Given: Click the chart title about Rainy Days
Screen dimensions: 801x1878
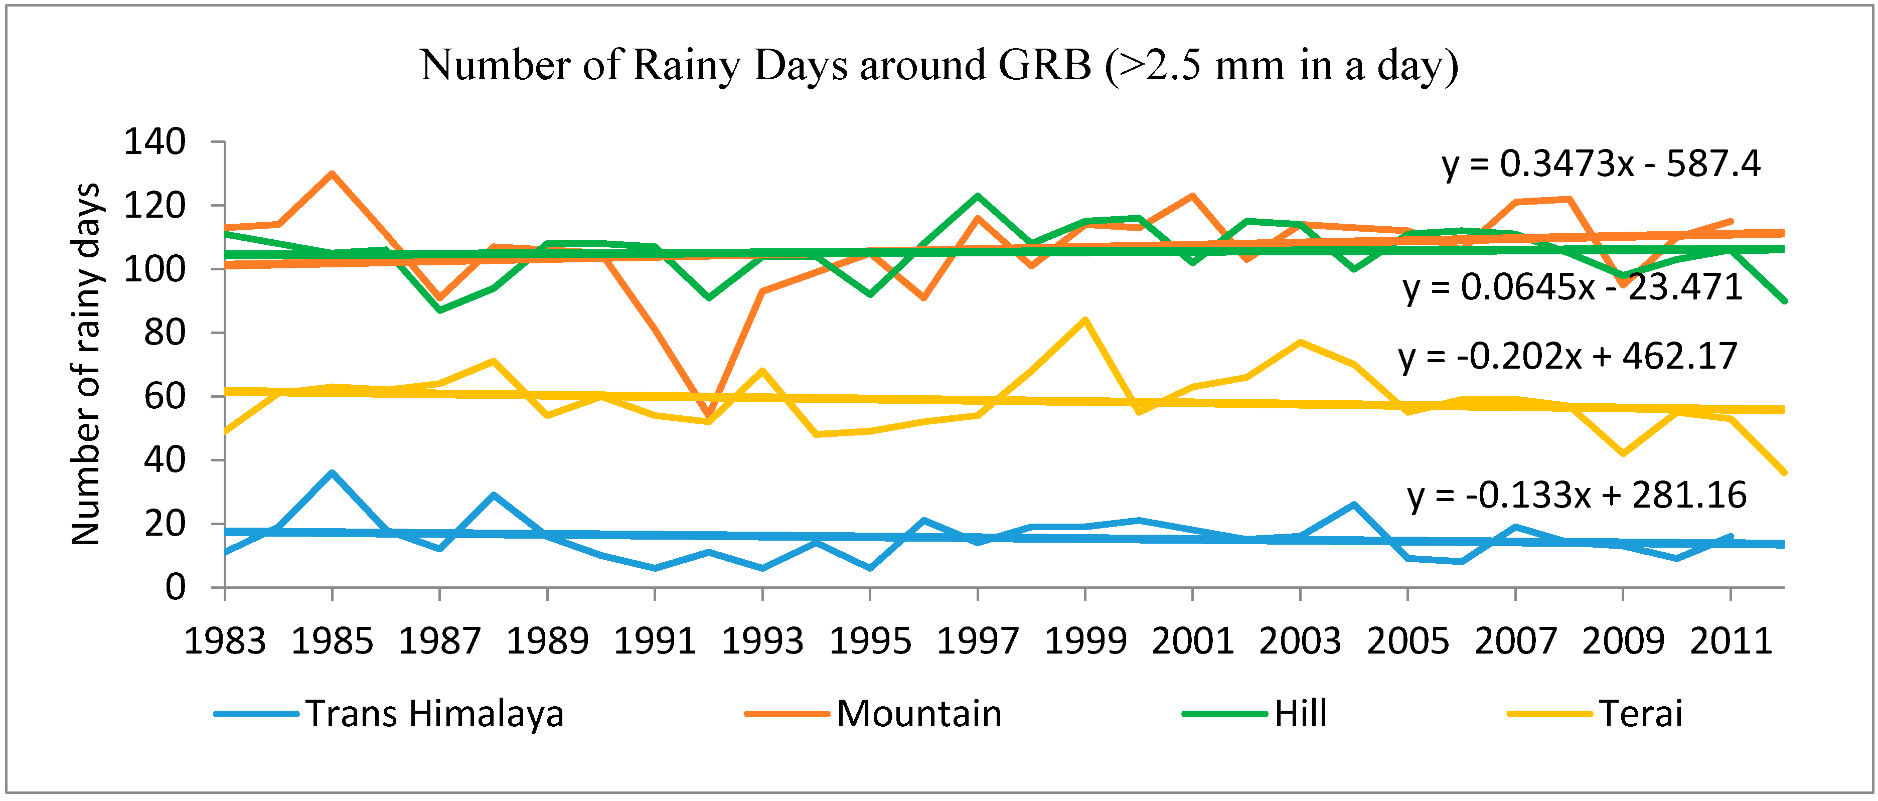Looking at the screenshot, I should pyautogui.click(x=939, y=66).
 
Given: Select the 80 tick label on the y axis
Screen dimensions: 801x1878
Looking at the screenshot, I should pyautogui.click(x=165, y=333).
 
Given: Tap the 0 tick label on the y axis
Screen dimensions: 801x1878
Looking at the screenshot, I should pyautogui.click(x=175, y=587).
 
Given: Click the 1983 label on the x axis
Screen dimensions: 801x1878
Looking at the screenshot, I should pyautogui.click(x=225, y=642).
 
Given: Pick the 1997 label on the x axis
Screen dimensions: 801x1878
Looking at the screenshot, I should pyautogui.click(x=978, y=642).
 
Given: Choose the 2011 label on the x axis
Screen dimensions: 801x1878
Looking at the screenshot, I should pyautogui.click(x=1731, y=642).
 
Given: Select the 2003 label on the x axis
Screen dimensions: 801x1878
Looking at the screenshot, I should pyautogui.click(x=1300, y=642).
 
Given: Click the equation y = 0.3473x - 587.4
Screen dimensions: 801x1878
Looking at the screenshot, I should pyautogui.click(x=1601, y=164).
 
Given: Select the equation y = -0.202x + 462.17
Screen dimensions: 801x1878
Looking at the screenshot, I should pyautogui.click(x=1568, y=357).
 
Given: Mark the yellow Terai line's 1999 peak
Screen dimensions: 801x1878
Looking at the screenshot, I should pyautogui.click(x=1085, y=319).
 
